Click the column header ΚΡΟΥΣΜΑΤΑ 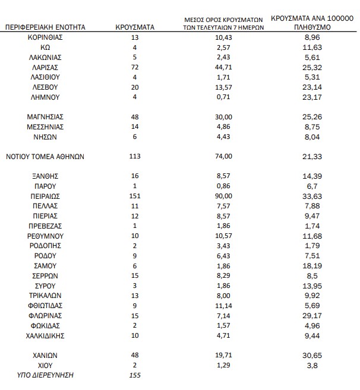pos(135,27)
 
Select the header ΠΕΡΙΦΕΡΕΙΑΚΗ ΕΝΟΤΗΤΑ pos(45,27)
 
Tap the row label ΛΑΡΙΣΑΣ pos(45,68)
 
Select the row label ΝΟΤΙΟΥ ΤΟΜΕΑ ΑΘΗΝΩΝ pos(45,157)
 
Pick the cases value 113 pos(135,157)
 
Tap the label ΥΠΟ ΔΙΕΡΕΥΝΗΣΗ pos(45,376)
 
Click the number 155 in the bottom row pos(135,376)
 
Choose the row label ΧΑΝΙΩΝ pos(45,356)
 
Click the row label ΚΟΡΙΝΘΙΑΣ pos(45,37)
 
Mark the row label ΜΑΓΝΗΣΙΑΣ pos(45,117)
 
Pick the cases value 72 pos(135,68)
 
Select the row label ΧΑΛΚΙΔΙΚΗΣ pos(45,335)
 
